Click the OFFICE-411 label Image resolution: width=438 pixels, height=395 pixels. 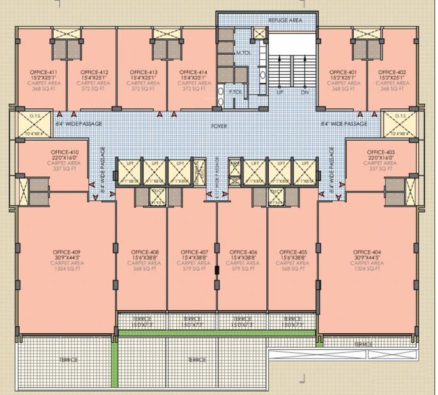[43, 72]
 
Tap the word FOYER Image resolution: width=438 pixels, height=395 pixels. [219, 126]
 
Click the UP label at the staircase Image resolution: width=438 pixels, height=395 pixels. [280, 92]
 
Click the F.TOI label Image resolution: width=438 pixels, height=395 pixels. [236, 92]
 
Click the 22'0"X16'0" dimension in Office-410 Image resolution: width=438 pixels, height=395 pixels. [64, 157]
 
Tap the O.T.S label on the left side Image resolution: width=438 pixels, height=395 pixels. [27, 116]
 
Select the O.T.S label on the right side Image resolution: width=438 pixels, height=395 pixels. [400, 116]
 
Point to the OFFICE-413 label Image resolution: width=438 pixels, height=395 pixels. [143, 72]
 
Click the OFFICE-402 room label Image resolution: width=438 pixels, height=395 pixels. [392, 72]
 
